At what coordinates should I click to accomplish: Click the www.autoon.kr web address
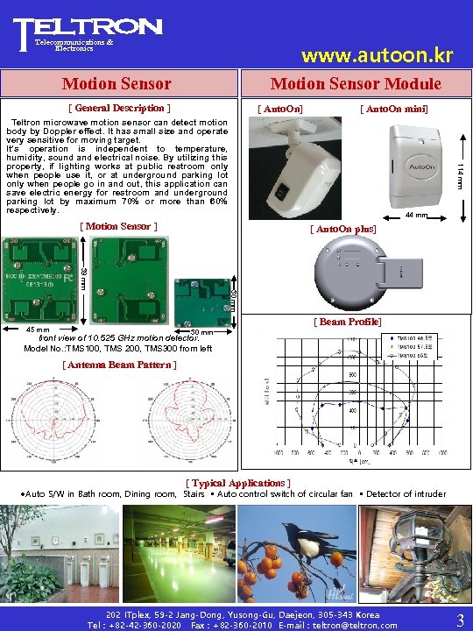coord(377,57)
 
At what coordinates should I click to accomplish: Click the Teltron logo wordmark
coord(88,28)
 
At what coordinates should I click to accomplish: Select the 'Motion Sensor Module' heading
coord(356,83)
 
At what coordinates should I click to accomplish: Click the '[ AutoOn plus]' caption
coord(343,228)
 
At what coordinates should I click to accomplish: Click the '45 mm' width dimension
coord(37,330)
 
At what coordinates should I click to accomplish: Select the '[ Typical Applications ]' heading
coord(237,483)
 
